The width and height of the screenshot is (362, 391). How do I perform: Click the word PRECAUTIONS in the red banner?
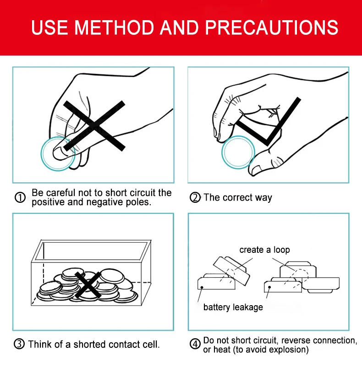[271, 28]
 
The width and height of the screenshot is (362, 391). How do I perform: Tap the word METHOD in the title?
[114, 28]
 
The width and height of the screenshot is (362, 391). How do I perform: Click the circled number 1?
[20, 197]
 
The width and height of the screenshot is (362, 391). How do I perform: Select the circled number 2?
[195, 197]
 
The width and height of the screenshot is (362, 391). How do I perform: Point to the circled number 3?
[19, 344]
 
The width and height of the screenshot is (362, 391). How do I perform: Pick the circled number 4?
[195, 344]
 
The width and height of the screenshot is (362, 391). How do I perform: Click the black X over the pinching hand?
[94, 126]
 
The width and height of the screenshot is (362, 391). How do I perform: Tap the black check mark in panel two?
[268, 122]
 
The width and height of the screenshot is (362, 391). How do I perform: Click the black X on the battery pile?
[88, 285]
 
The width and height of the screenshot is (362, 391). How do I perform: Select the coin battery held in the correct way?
[238, 152]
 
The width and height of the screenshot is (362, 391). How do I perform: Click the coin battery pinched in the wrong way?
[58, 154]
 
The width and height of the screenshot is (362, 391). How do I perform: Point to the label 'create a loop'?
[265, 250]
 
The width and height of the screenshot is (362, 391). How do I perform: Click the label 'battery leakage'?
[233, 307]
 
